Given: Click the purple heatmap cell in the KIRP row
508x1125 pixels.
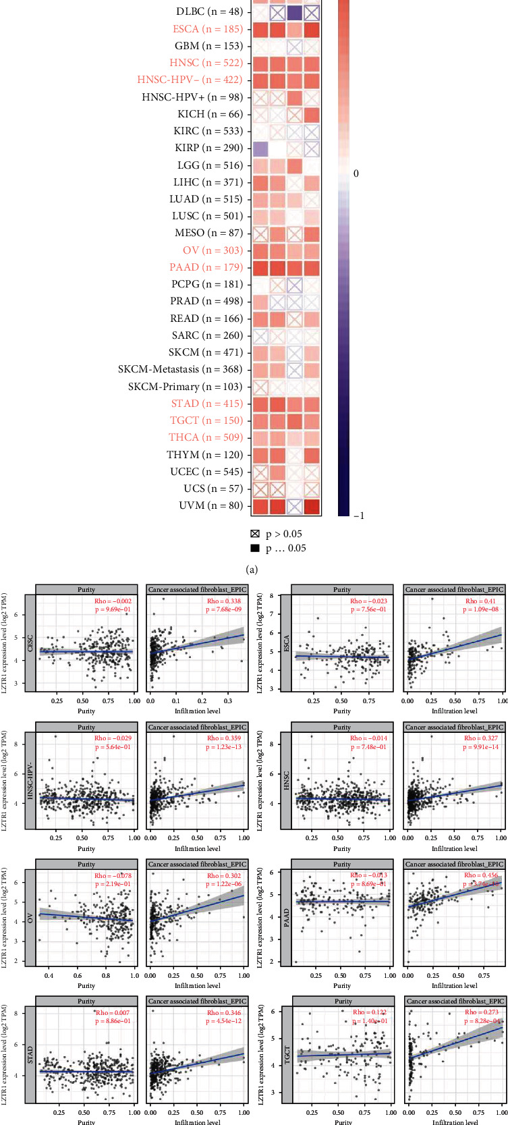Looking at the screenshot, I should tap(260, 148).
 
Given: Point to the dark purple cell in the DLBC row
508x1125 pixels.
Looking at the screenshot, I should tap(294, 12).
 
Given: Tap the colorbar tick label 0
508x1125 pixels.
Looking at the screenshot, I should tap(356, 173).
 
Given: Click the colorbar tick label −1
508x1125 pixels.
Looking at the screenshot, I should tap(358, 516).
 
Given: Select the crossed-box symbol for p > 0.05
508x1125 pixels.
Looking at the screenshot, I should tap(255, 534).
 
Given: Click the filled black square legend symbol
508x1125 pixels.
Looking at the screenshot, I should tap(255, 548).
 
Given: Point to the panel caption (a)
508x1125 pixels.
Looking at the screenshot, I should tap(253, 570).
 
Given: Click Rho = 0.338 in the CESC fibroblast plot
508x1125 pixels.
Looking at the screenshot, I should tap(223, 601).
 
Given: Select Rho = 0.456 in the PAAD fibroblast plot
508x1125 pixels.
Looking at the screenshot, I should tap(480, 875).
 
